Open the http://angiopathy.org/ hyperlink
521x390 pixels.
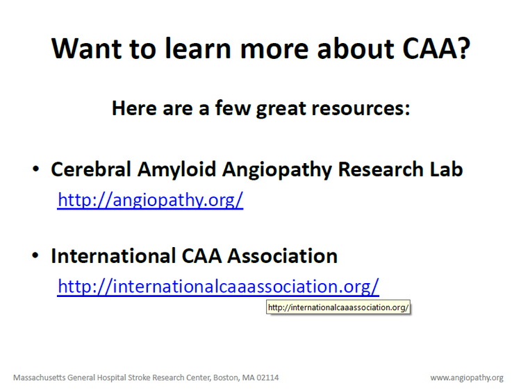(x=150, y=201)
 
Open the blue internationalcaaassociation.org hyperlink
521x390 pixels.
(x=218, y=287)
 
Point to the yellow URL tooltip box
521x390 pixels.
(x=338, y=307)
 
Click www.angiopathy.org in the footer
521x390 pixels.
(x=466, y=378)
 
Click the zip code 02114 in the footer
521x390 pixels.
(x=267, y=378)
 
